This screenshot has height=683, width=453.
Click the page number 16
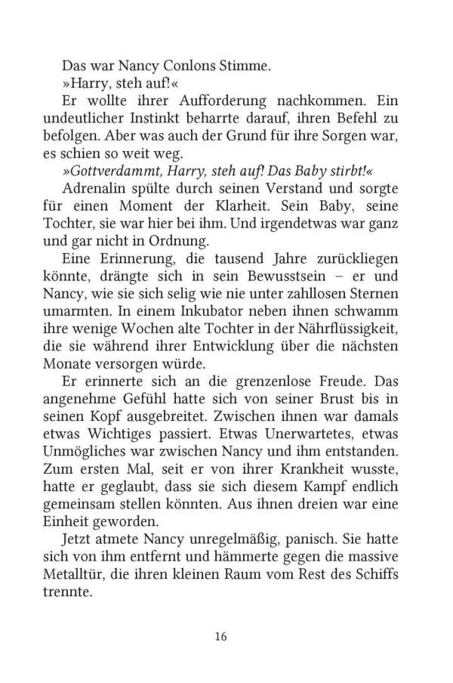click(x=220, y=635)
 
